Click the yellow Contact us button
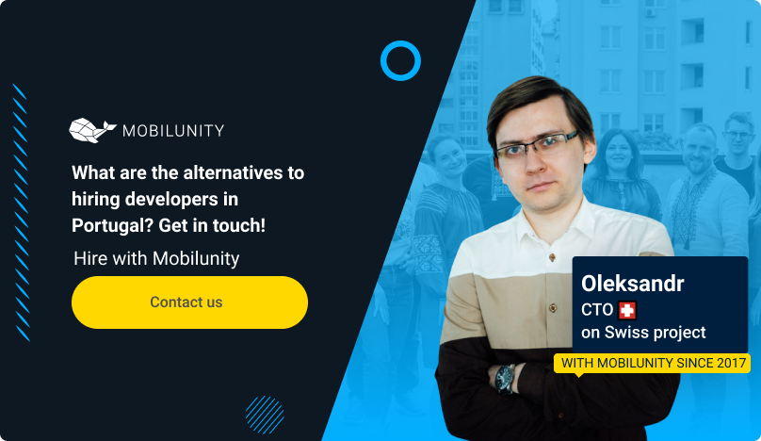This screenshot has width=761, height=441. pyautogui.click(x=189, y=302)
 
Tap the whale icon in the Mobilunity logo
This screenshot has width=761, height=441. pyautogui.click(x=92, y=130)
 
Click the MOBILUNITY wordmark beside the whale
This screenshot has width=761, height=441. pyautogui.click(x=173, y=131)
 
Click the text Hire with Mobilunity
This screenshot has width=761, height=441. pyautogui.click(x=156, y=258)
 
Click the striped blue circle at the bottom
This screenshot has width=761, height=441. pyautogui.click(x=265, y=415)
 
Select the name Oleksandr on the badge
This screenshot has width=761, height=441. pyautogui.click(x=632, y=284)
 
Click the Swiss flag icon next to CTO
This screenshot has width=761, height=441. pyautogui.click(x=627, y=310)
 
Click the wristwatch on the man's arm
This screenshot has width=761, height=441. pyautogui.click(x=505, y=377)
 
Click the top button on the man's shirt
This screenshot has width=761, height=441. pyautogui.click(x=552, y=257)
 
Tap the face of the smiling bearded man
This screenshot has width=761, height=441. pyautogui.click(x=700, y=150)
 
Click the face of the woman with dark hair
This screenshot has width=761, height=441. pyautogui.click(x=619, y=152)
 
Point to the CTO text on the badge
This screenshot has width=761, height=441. pyautogui.click(x=597, y=310)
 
